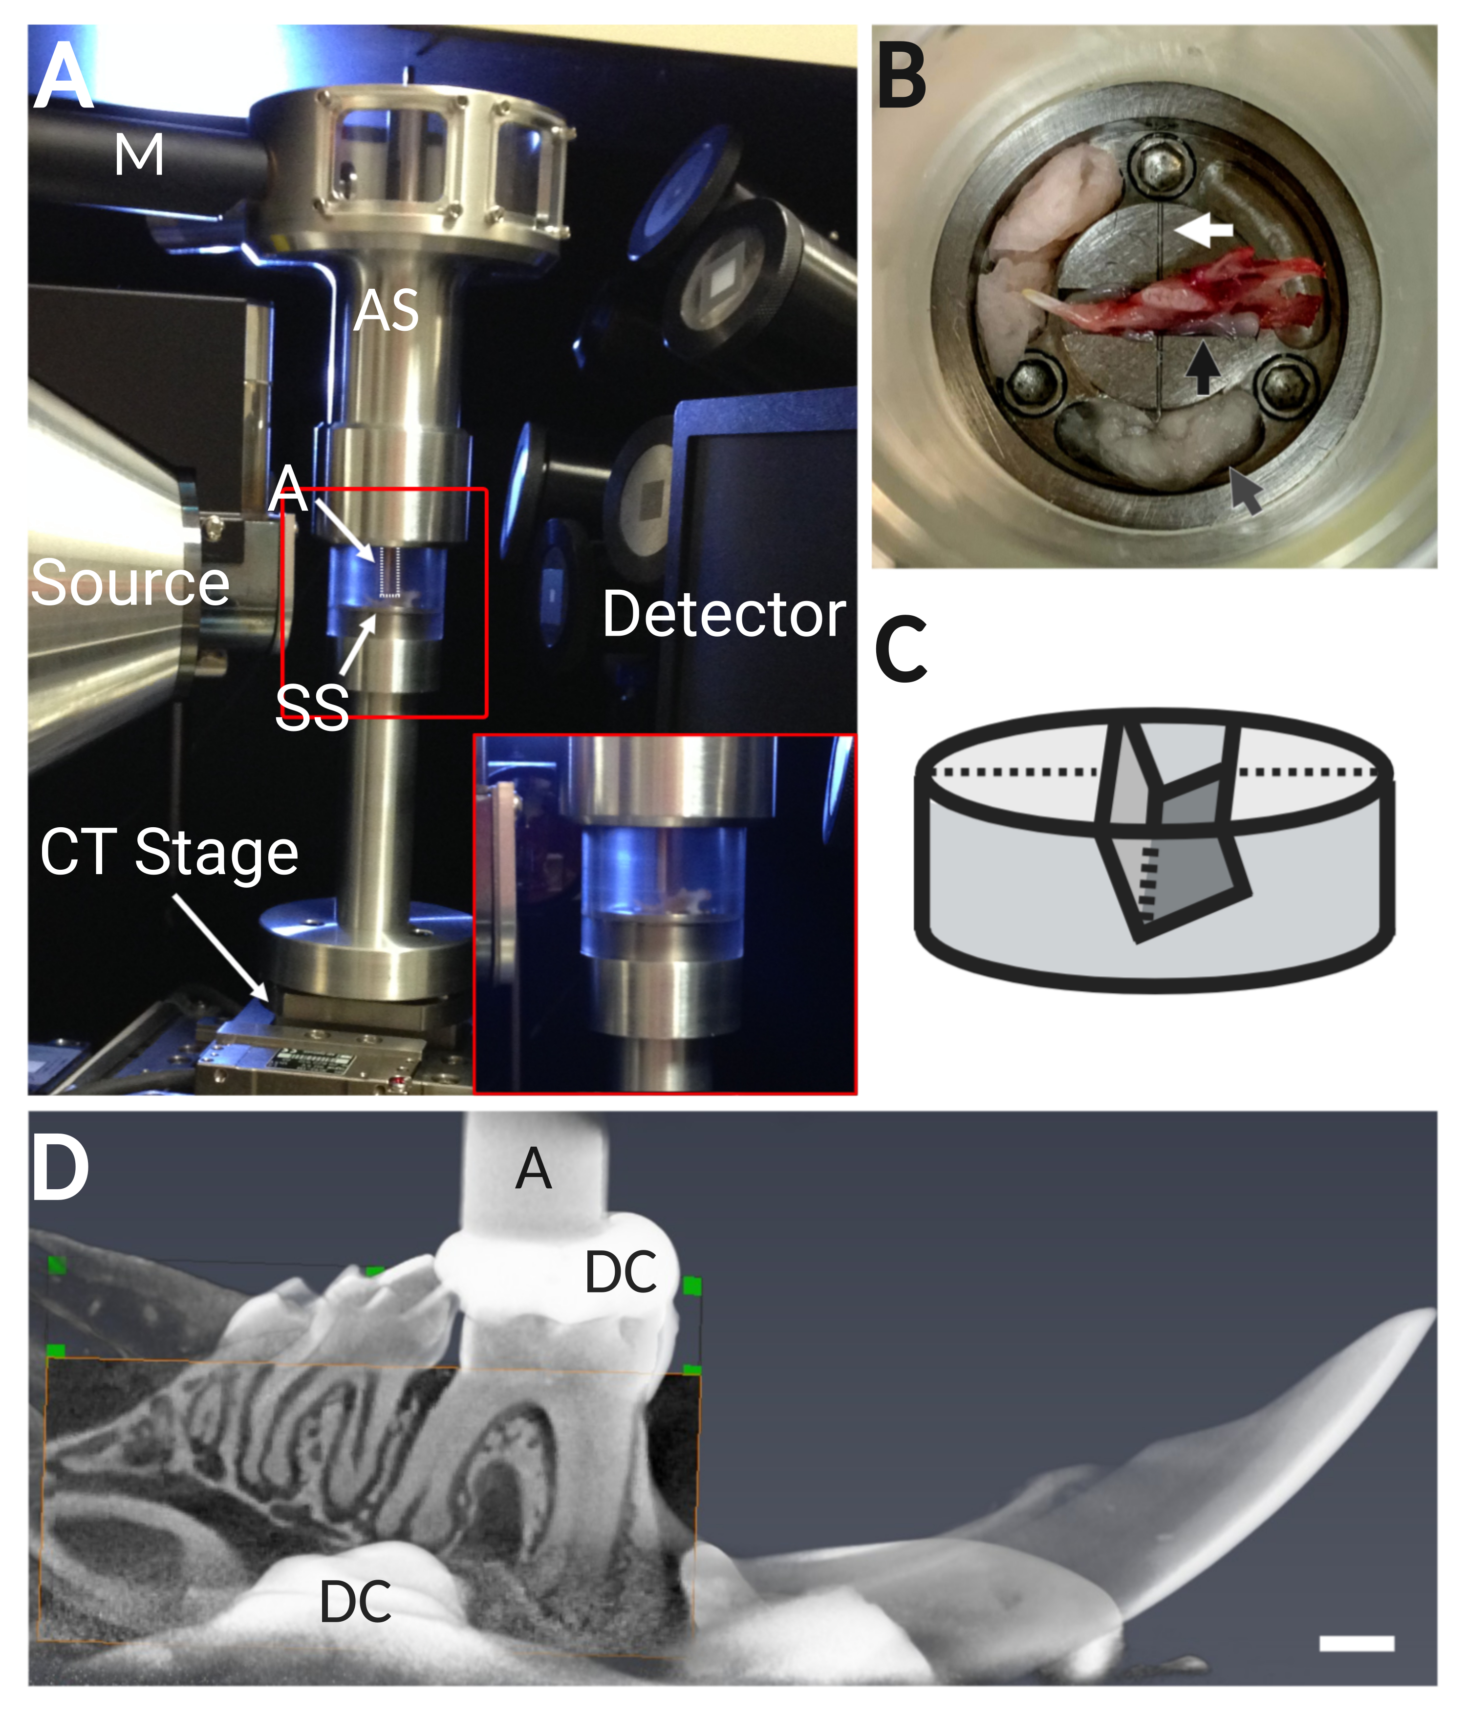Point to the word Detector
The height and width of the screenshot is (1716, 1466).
click(724, 615)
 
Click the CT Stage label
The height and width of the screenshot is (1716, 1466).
click(169, 853)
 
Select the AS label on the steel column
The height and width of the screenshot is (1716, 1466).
click(386, 311)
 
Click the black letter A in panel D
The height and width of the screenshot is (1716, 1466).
click(534, 1169)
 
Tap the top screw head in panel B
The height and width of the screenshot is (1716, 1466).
click(1160, 165)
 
